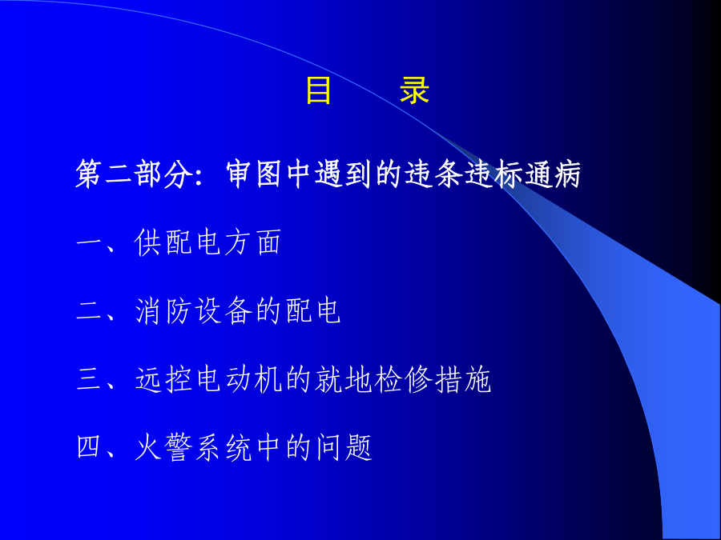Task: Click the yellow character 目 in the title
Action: point(318,90)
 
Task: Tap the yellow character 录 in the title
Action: point(415,90)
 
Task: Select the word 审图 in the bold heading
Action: point(254,174)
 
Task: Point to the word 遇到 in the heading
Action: point(344,174)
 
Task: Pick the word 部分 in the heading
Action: point(164,174)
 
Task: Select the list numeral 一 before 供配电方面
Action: point(90,242)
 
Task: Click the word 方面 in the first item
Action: point(253,242)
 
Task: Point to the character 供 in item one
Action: point(148,242)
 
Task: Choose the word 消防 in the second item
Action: point(163,311)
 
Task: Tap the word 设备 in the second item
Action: point(224,311)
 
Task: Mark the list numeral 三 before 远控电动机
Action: point(90,380)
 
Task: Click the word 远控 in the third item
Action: point(163,380)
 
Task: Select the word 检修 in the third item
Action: point(403,380)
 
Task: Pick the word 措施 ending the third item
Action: point(463,380)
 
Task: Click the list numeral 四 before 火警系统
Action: point(89,447)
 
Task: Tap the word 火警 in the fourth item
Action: point(163,448)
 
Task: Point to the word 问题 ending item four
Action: point(344,448)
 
